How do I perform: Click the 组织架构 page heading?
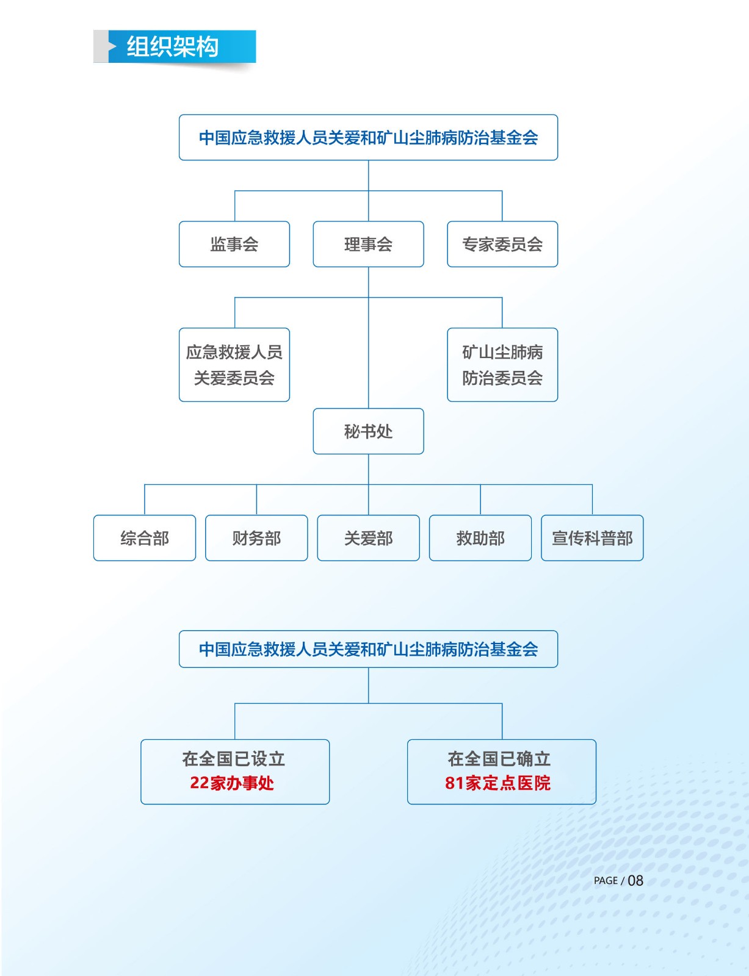tap(172, 46)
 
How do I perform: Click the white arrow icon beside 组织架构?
tap(112, 46)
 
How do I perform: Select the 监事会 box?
tap(234, 244)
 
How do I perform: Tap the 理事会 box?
tap(368, 244)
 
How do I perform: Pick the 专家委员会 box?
tap(502, 244)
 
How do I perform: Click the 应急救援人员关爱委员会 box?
tap(234, 365)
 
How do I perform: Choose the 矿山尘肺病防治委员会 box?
tap(502, 365)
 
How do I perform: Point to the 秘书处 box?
tap(368, 431)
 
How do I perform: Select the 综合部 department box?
tap(145, 538)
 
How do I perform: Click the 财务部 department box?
tap(256, 538)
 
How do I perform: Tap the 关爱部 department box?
tap(368, 538)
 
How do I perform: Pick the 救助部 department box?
tap(480, 538)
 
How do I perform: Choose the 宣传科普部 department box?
tap(592, 538)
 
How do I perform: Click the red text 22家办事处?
tap(232, 783)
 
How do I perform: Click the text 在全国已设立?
tap(234, 759)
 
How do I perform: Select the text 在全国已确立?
tap(499, 759)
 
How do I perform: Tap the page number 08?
tap(635, 880)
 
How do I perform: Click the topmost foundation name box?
tap(368, 137)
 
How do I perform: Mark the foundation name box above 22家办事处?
tap(368, 649)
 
